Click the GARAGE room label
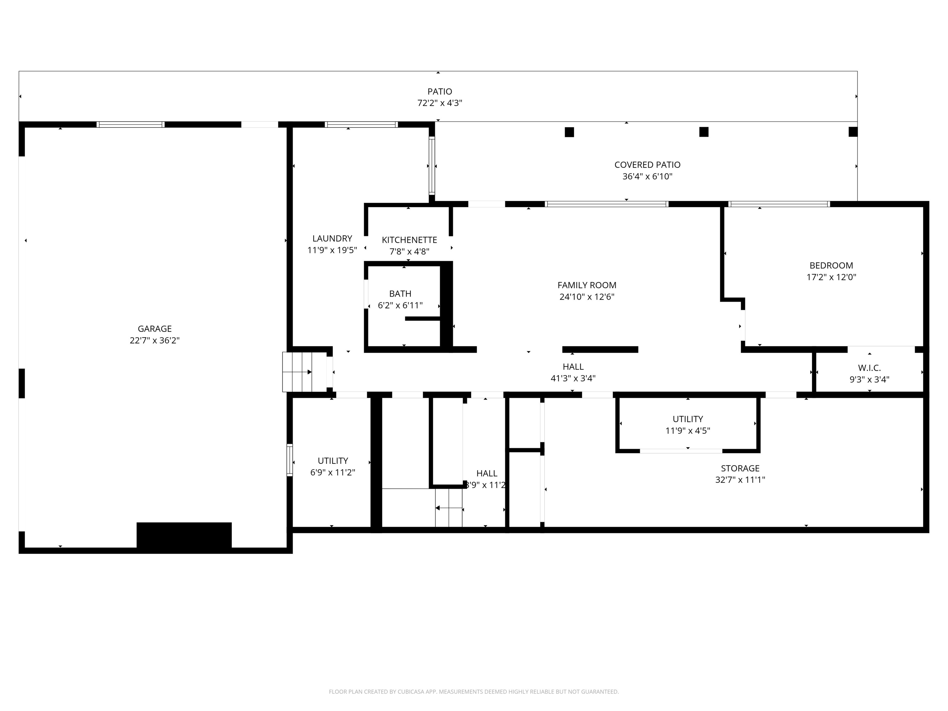coord(154,329)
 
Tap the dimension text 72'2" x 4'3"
coord(439,103)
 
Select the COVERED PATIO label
coord(647,164)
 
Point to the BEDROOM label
coord(831,265)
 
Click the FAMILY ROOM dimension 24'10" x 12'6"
coord(587,297)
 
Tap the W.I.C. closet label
coord(869,368)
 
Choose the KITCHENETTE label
coord(409,240)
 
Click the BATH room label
coord(400,293)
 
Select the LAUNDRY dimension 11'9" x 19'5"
coord(332,250)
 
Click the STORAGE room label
coord(740,468)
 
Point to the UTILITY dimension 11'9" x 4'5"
coord(688,431)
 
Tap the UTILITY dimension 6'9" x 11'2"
coord(333,472)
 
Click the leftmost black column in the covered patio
coord(569,132)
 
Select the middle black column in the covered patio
coord(704,132)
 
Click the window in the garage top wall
coord(130,125)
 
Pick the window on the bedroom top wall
coord(779,204)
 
